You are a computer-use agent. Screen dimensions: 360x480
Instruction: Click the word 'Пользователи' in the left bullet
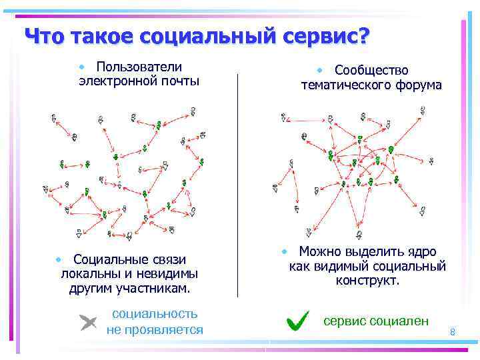139,67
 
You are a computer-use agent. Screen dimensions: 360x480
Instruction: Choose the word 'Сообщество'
371,70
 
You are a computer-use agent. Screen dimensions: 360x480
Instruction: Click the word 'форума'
418,85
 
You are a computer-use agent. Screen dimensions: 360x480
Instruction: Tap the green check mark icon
297,321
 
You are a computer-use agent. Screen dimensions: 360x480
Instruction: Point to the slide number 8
452,332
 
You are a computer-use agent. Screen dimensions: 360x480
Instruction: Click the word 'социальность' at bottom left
155,313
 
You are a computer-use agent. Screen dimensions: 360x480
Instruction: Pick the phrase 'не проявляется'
155,329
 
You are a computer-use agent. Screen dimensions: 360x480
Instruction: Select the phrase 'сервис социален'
376,321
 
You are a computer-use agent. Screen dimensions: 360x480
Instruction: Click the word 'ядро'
420,252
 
